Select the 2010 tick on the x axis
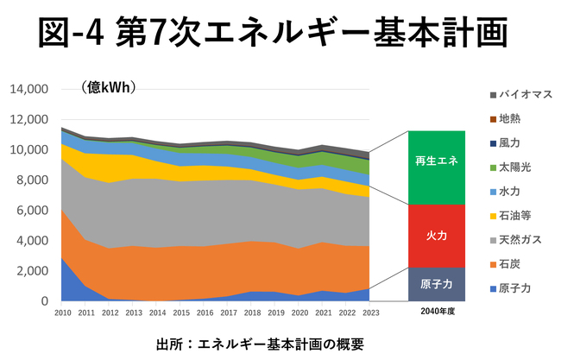point(61,311)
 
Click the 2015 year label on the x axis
point(180,311)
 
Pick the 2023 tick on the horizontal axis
point(371,311)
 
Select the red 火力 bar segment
point(438,236)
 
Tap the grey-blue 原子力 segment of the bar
point(438,283)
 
